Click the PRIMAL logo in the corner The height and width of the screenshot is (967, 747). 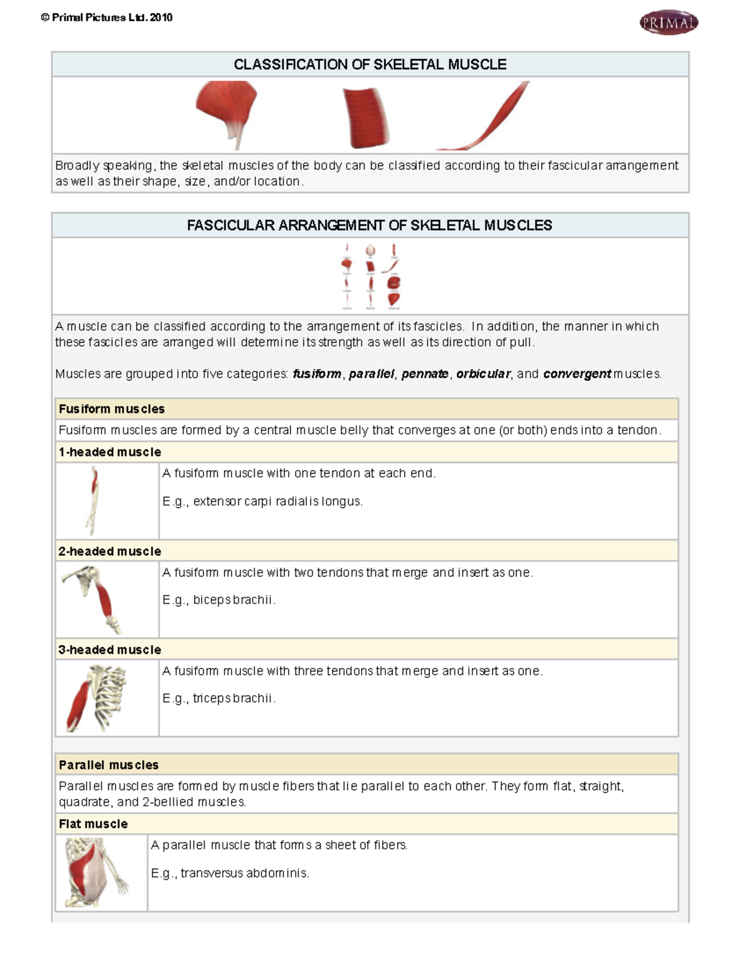[669, 23]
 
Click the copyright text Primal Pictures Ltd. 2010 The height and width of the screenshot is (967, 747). [106, 17]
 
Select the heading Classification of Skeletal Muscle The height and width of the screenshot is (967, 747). [370, 65]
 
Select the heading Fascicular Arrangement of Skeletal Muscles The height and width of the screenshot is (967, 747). [369, 225]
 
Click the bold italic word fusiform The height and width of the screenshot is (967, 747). [317, 374]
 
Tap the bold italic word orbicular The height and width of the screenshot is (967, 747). [483, 374]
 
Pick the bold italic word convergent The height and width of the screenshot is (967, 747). [576, 374]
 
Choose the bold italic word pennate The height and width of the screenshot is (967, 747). [425, 374]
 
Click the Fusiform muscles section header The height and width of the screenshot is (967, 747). [112, 409]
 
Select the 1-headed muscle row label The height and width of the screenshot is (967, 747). [110, 452]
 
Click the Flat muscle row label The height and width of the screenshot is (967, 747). [93, 824]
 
